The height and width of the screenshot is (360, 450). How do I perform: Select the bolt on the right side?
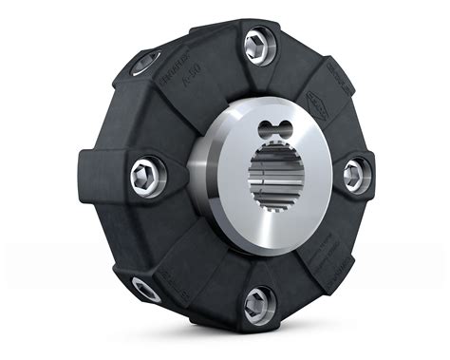[355, 175]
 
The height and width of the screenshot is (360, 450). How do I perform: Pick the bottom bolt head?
[257, 305]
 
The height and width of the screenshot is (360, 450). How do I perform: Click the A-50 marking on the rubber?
[182, 108]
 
